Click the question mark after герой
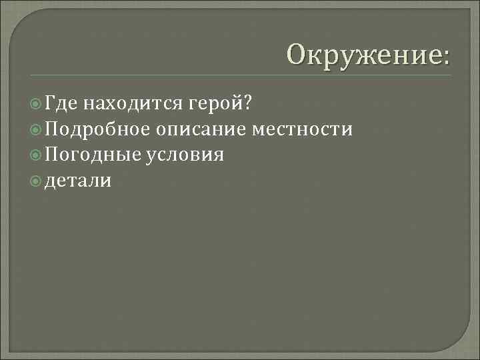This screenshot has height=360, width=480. pos(248,103)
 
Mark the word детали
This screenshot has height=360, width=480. pos(78,181)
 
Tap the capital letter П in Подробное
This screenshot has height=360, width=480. pos(53,129)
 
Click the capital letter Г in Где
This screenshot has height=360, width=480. pos(51,103)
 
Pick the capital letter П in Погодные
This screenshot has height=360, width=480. pos(53,155)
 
